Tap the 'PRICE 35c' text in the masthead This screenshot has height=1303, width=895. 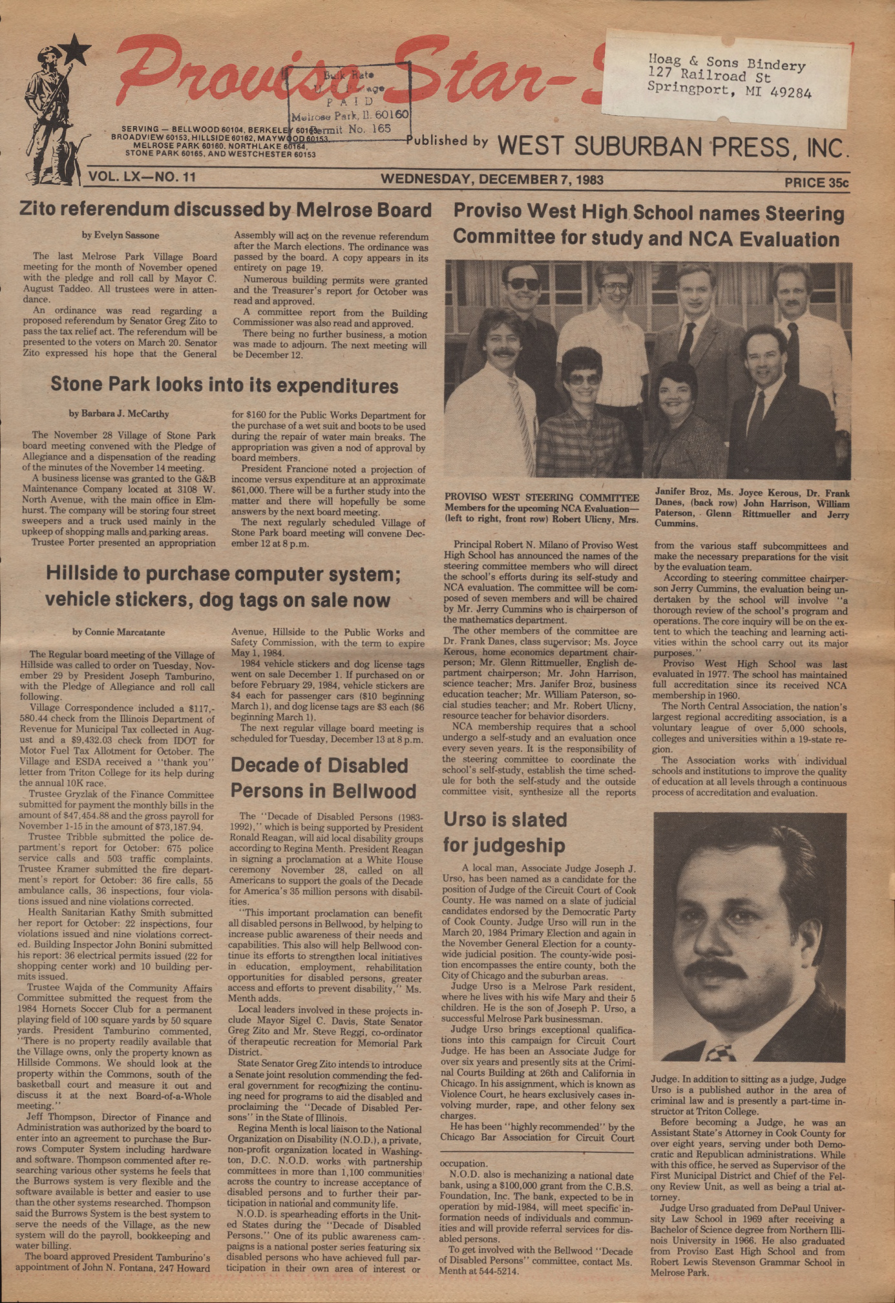click(816, 183)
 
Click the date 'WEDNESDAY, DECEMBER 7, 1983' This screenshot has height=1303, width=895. click(492, 179)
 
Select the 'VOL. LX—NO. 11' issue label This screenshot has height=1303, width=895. click(143, 176)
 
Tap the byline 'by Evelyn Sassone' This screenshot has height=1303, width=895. click(120, 235)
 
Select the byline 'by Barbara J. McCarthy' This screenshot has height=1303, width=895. click(119, 414)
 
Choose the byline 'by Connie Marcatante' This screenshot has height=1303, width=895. click(119, 632)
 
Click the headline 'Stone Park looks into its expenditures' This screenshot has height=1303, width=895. click(224, 386)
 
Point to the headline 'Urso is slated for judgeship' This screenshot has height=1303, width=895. click(505, 832)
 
